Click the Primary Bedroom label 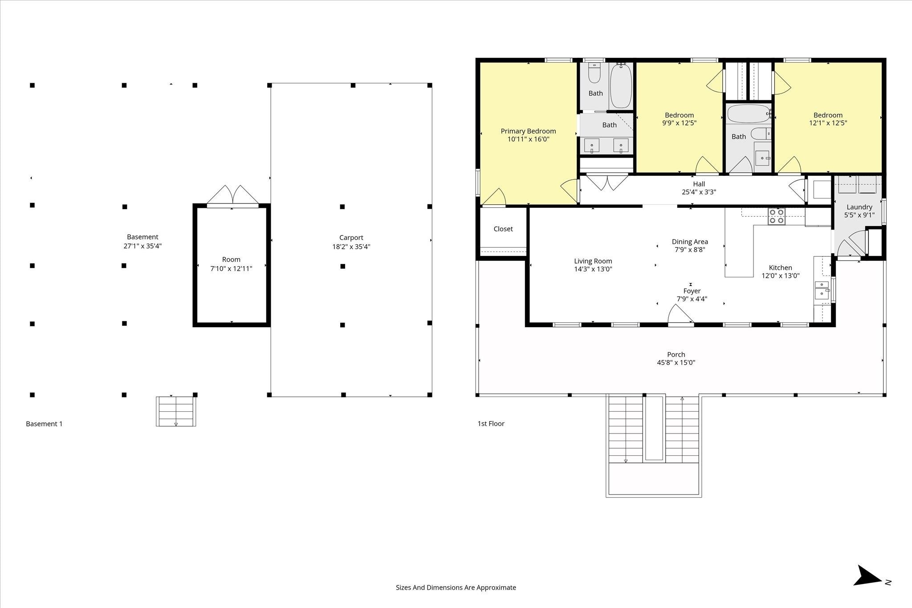tap(528, 131)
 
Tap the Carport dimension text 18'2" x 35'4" tap(351, 247)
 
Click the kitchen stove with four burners tap(777, 216)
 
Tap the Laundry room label tap(859, 207)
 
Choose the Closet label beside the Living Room tap(503, 229)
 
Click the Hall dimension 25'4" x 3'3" tap(699, 192)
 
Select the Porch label tap(676, 355)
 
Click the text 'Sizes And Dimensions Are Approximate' tap(456, 588)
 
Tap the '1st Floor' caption tap(491, 424)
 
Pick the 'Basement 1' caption tap(44, 424)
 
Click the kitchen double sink tap(822, 290)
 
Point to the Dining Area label tap(690, 242)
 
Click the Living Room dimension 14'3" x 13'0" tap(593, 269)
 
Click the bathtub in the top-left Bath tap(621, 86)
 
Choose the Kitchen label tap(780, 268)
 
